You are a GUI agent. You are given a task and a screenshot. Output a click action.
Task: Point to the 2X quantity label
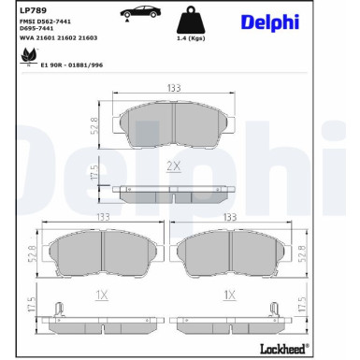click(x=172, y=166)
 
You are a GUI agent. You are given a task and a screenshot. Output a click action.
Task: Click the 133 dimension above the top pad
click(x=173, y=88)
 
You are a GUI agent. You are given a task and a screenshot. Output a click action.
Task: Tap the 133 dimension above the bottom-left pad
click(x=103, y=216)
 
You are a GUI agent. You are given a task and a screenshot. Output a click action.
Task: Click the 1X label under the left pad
click(x=102, y=295)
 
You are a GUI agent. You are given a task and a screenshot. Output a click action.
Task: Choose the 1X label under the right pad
click(x=227, y=295)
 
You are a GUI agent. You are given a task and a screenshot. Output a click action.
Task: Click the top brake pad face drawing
click(x=173, y=124)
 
